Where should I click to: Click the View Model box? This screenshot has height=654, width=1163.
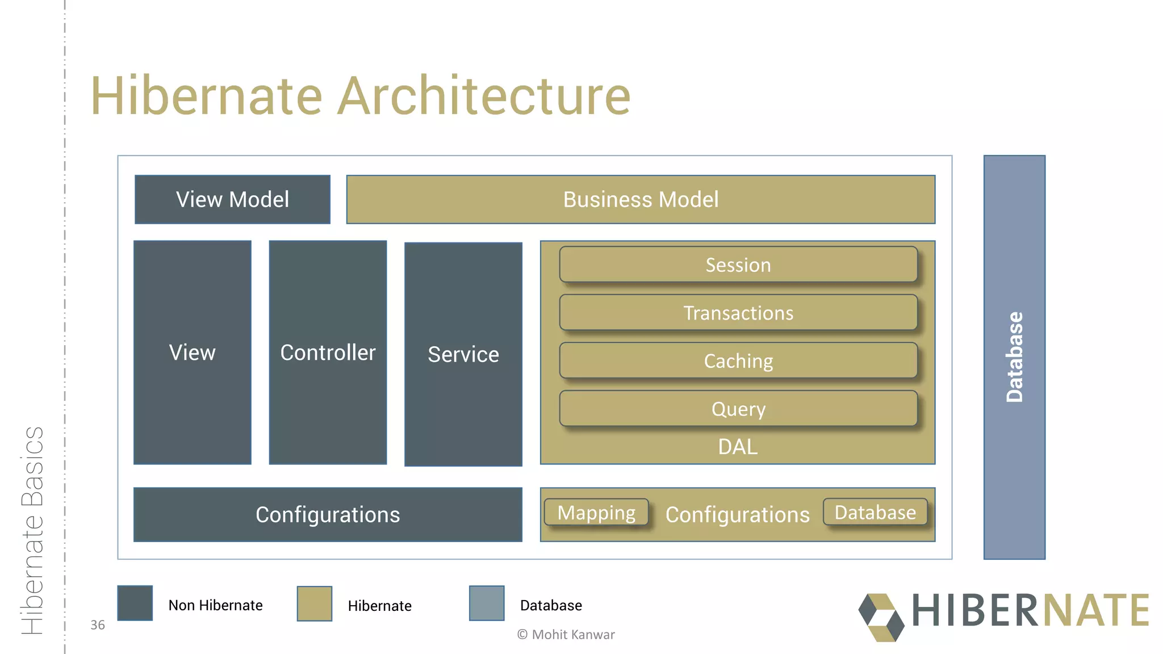coord(232,199)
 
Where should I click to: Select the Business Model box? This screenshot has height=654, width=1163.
coord(641,199)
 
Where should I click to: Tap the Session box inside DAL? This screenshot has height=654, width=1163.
coord(738,265)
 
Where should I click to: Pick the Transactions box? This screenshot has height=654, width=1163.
coord(738,313)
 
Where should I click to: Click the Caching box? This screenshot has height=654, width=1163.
coord(738,360)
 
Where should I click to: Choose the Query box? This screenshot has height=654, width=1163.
coord(738,409)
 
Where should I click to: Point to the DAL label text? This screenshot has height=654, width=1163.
coord(738,447)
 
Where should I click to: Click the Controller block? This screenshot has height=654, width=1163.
coord(328,353)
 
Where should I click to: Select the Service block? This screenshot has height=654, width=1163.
coord(463,354)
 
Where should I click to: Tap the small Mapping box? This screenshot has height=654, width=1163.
coord(596,513)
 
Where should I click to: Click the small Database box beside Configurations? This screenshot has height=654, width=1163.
coord(875,512)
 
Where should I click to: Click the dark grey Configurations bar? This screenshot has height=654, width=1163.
coord(328,514)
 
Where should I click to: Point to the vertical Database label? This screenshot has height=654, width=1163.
coord(1014,357)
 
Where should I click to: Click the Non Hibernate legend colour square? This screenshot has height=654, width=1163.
coord(135,603)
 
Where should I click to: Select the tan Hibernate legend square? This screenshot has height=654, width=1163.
coord(315,603)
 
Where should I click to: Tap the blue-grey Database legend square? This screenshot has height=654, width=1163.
coord(487,603)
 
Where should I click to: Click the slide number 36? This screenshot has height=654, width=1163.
coord(98,625)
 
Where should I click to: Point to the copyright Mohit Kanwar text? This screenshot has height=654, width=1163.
coord(566,635)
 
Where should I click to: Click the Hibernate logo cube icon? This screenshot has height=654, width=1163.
coord(881,617)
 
